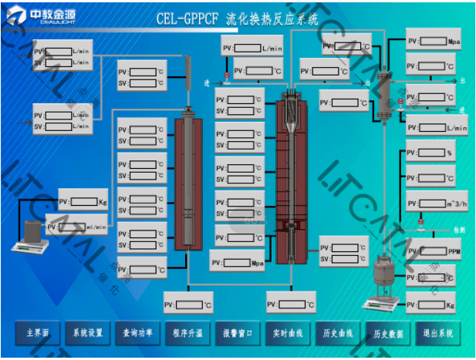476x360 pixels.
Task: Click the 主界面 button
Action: [x=38, y=333]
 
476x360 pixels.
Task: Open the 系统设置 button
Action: [x=87, y=333]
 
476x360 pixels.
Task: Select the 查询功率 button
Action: [x=137, y=333]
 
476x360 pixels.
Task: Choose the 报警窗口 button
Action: [x=237, y=333]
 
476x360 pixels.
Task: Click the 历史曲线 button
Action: [x=337, y=333]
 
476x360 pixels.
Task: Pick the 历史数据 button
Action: [x=388, y=333]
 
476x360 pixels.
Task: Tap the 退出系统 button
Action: [x=439, y=333]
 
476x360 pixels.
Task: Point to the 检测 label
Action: [x=459, y=230]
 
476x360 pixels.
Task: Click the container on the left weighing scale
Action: [x=30, y=231]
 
